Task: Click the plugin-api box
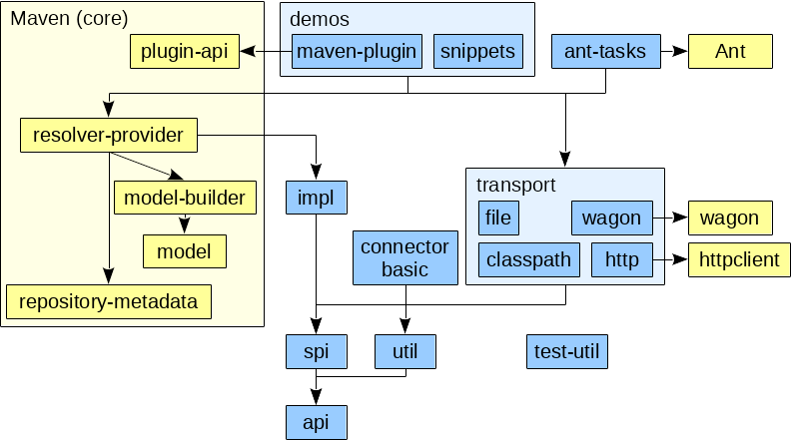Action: click(x=185, y=51)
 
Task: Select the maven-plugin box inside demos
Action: click(x=357, y=52)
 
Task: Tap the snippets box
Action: click(x=478, y=52)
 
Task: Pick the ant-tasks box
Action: click(x=605, y=52)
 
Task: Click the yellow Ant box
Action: click(x=730, y=52)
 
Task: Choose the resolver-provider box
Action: click(x=108, y=135)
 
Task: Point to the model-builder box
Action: click(x=185, y=198)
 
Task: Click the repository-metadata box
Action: click(x=109, y=300)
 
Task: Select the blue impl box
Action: click(x=316, y=198)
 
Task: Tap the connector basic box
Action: click(x=404, y=257)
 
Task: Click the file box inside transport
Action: click(x=498, y=218)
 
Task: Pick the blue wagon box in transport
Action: click(x=611, y=218)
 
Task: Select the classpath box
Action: click(x=528, y=260)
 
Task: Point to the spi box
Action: click(x=316, y=351)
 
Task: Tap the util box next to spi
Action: click(x=405, y=351)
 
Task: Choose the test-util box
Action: click(x=567, y=351)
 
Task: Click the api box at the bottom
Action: click(x=316, y=421)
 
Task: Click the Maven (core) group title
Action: click(x=69, y=19)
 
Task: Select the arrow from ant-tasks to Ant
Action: click(x=674, y=51)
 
